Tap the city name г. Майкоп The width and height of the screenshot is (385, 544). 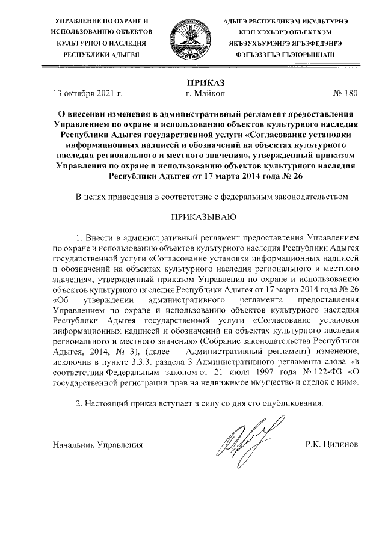206,93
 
